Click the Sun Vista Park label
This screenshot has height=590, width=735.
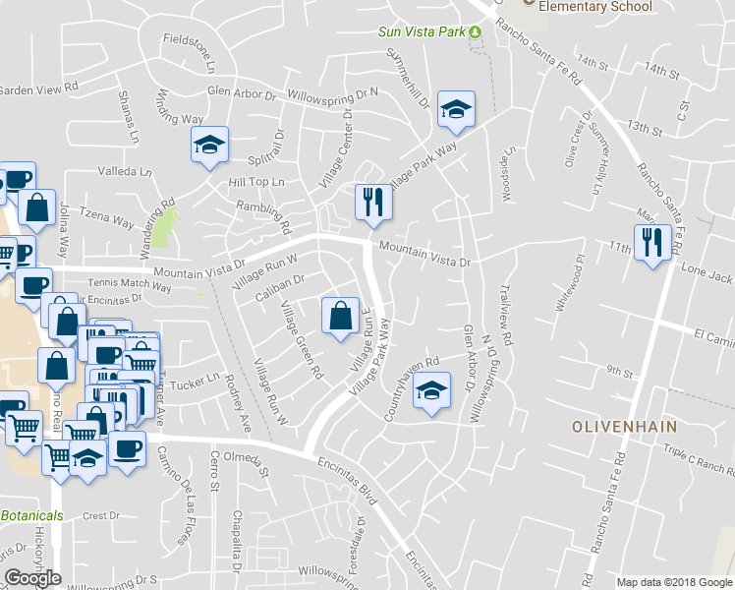422,31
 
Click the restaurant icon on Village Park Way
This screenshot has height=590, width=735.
374,203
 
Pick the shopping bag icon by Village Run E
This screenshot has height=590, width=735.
340,316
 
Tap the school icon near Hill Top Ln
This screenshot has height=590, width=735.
209,146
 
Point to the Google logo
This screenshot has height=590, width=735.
33,578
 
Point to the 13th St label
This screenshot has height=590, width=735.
645,128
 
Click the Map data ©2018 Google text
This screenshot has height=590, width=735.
674,582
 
